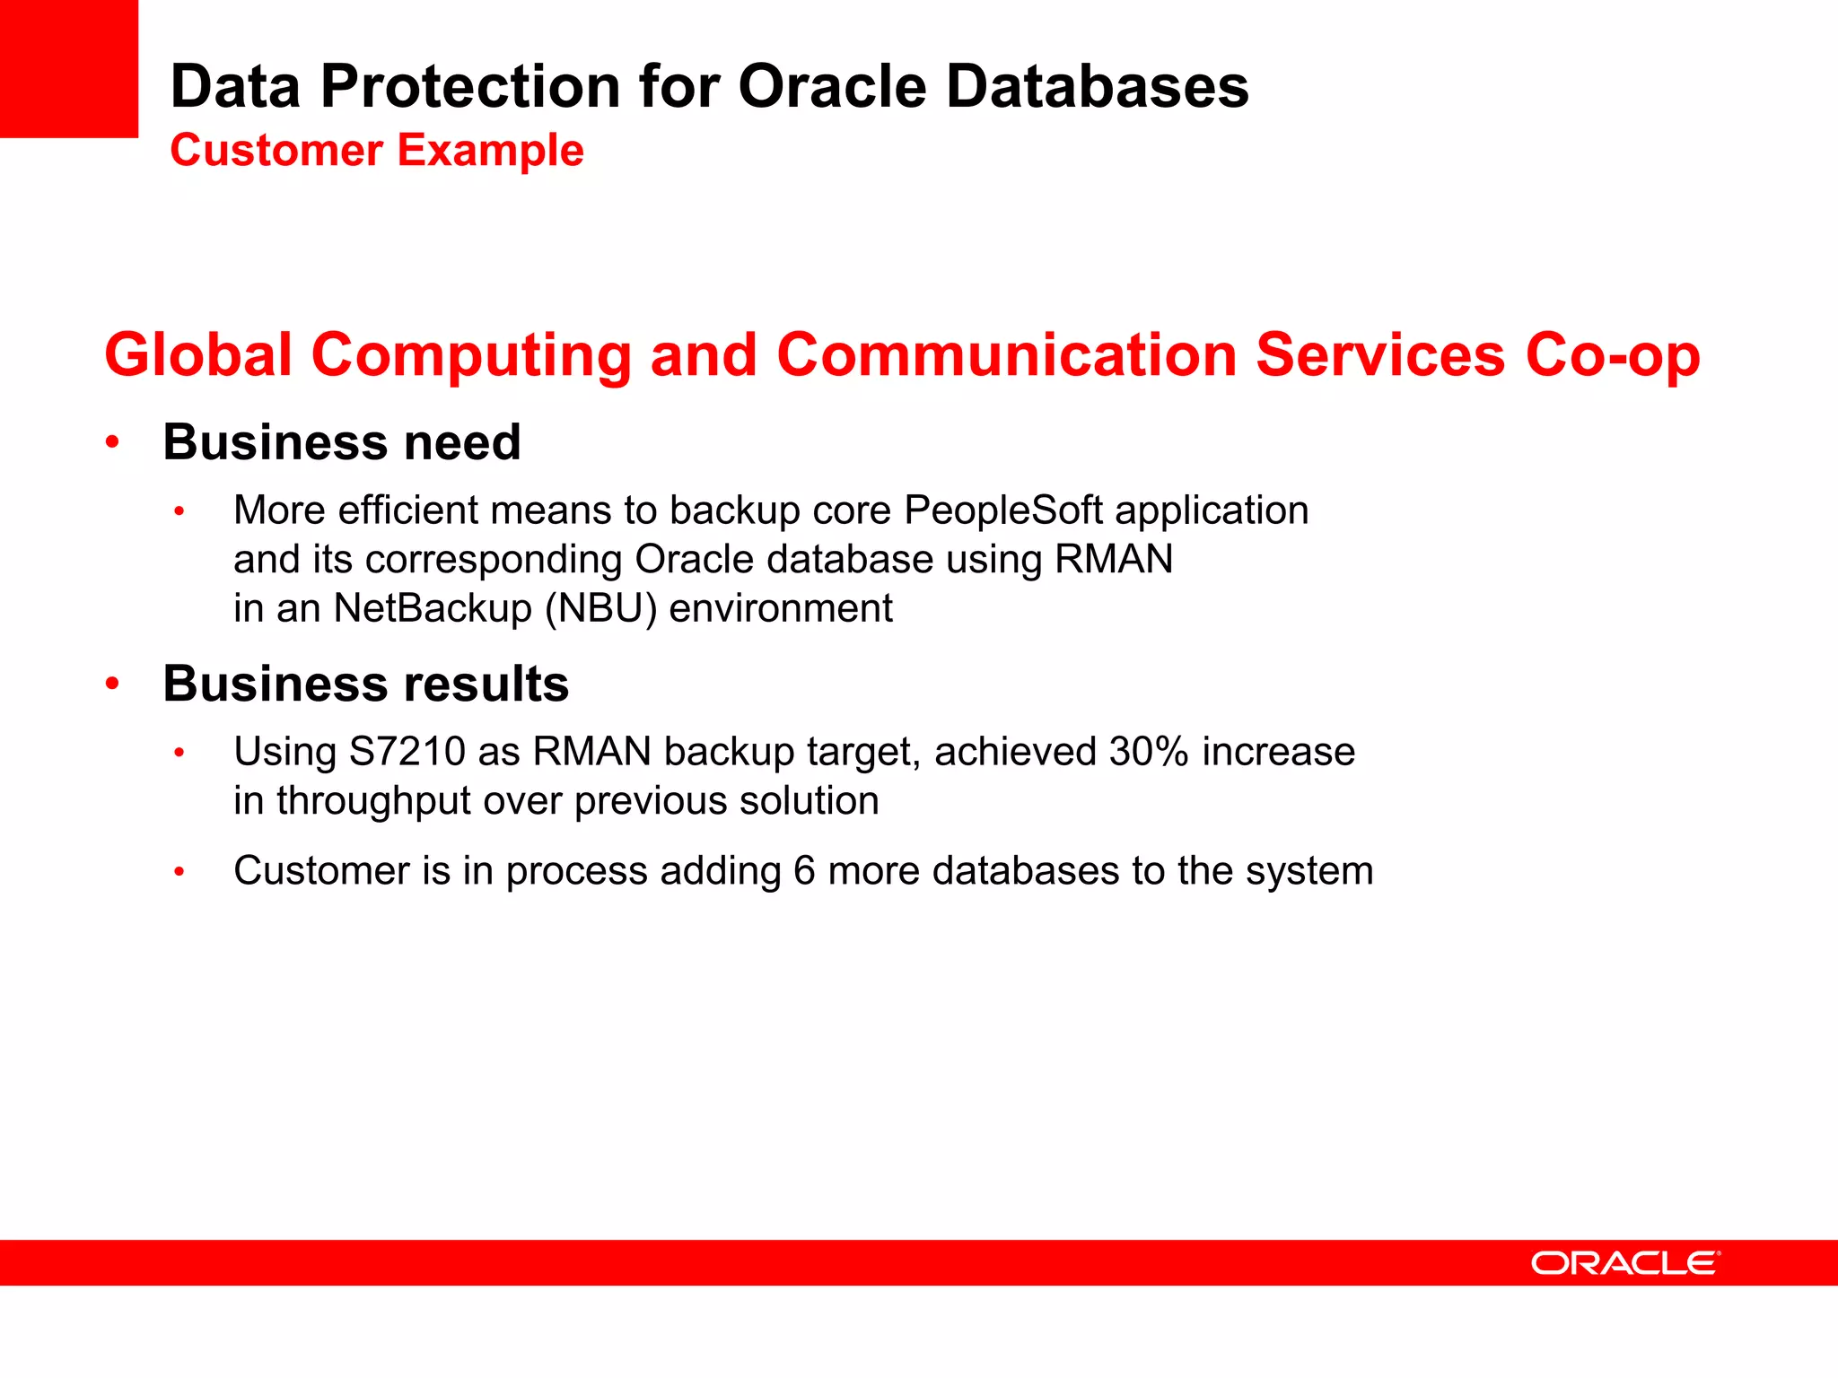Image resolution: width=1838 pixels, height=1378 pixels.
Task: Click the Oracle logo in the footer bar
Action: pos(1625,1263)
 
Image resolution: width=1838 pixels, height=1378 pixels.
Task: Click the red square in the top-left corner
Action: pos(68,68)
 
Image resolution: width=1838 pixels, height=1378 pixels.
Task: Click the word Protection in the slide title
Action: pos(470,87)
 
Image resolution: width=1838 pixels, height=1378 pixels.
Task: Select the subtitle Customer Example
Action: pos(377,150)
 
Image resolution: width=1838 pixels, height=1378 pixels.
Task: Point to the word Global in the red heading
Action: pos(198,355)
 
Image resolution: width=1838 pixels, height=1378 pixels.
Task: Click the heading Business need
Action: pos(341,442)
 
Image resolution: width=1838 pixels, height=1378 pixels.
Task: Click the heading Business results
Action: pos(365,684)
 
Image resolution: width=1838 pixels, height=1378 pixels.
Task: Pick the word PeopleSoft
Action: pos(1002,510)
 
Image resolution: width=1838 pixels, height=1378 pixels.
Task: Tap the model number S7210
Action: pos(407,752)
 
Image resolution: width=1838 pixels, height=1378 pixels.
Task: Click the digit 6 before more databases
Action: pos(804,871)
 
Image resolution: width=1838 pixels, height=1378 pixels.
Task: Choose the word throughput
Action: pos(373,801)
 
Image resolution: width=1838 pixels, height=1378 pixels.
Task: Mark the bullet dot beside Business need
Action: pos(112,442)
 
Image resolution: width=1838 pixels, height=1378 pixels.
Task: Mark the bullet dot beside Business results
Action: pos(112,684)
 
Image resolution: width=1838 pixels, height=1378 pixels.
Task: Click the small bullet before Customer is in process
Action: pos(179,871)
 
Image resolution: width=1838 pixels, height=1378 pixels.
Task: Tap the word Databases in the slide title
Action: pos(1097,87)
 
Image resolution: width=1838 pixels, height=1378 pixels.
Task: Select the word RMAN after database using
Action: pos(1113,560)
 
